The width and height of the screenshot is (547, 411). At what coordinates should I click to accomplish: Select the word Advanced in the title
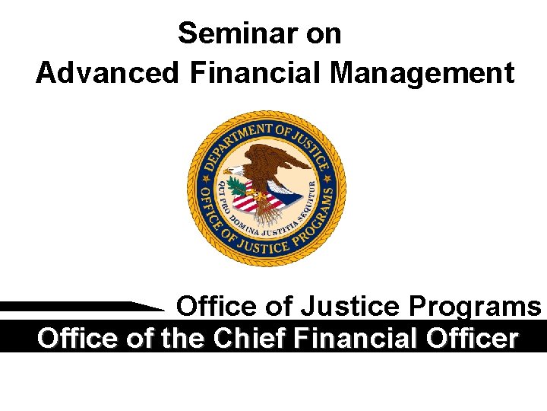pyautogui.click(x=106, y=73)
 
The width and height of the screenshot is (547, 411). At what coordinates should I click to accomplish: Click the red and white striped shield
pyautogui.click(x=251, y=200)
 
